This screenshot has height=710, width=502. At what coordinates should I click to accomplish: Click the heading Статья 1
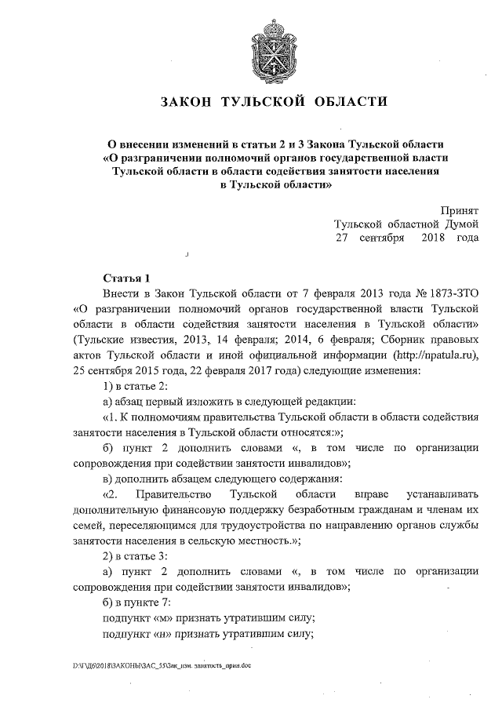pyautogui.click(x=125, y=279)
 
